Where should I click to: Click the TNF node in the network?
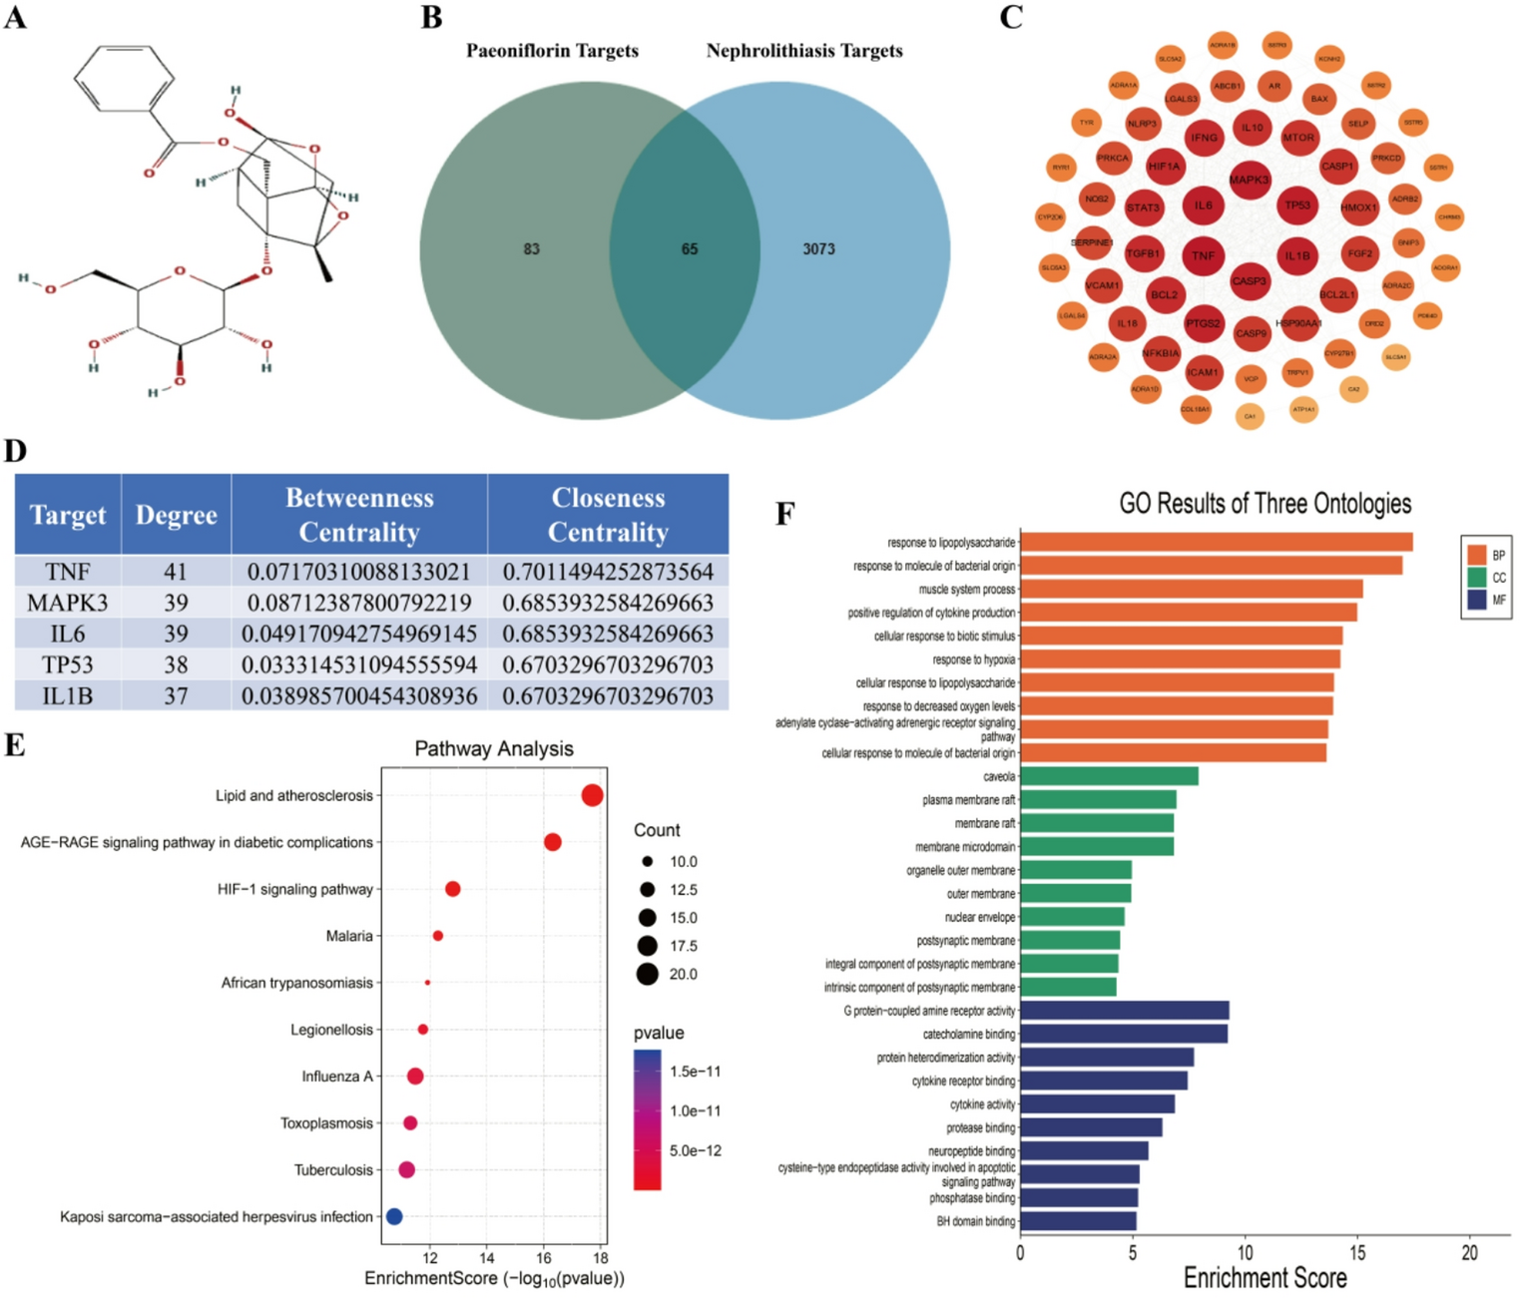click(x=1203, y=255)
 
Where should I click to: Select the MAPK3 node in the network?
click(x=1249, y=180)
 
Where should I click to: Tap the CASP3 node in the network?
click(x=1249, y=281)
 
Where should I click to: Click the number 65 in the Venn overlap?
click(x=690, y=249)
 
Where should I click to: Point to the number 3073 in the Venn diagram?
click(x=818, y=249)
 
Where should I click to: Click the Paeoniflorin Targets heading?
click(x=552, y=51)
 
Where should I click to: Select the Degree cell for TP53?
click(x=176, y=664)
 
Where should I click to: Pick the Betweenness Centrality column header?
click(x=359, y=515)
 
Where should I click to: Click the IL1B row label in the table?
click(x=68, y=695)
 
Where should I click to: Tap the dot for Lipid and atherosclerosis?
click(x=592, y=795)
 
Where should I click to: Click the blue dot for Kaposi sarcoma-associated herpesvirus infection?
click(x=394, y=1216)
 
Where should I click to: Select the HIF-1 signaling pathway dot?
click(x=452, y=889)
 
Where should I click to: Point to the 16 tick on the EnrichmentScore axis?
click(x=544, y=1258)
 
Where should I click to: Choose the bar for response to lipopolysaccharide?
click(x=1216, y=542)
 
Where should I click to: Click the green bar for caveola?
click(x=1108, y=776)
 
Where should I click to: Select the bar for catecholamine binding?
click(x=1123, y=1034)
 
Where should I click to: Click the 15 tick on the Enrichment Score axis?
click(x=1357, y=1253)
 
